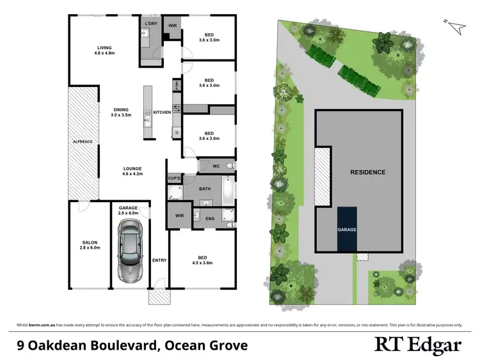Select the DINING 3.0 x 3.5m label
(x=121, y=112)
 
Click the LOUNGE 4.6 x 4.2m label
(x=133, y=171)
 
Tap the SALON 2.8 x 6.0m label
(x=90, y=245)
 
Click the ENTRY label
(x=159, y=260)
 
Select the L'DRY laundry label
(x=151, y=24)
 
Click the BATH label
(x=205, y=189)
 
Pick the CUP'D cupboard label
(x=174, y=178)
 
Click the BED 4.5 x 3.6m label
(x=202, y=259)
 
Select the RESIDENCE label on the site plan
(x=368, y=172)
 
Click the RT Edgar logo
(x=417, y=345)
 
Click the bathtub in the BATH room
(x=228, y=190)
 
